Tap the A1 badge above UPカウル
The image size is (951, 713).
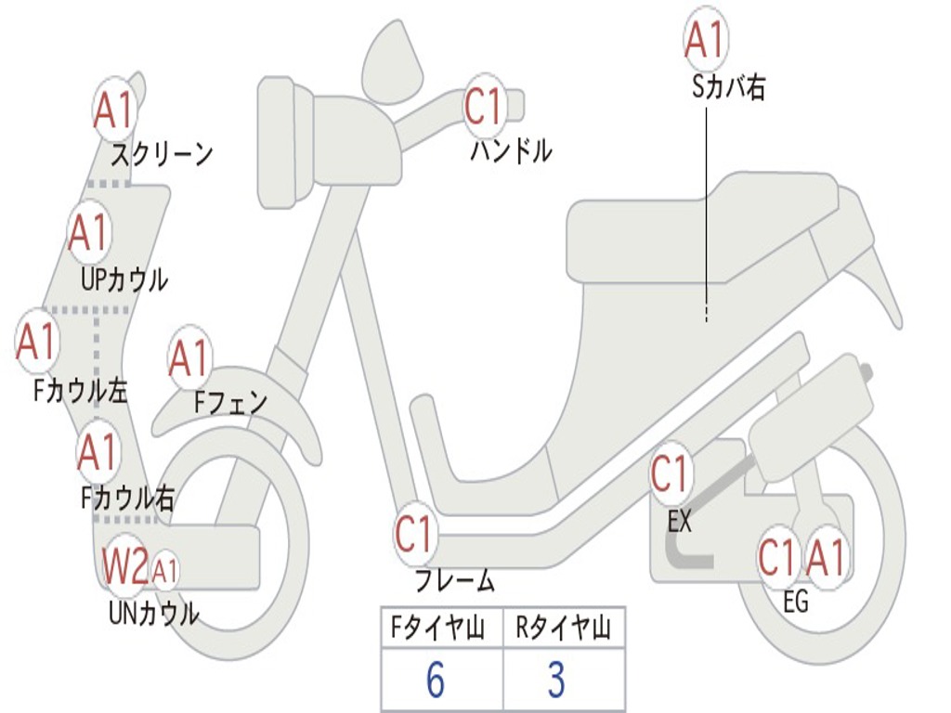89,233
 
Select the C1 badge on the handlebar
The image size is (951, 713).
483,106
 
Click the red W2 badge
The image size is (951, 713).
125,566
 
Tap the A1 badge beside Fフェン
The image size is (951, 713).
189,358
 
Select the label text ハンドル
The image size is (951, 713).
511,150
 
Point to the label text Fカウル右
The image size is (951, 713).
128,499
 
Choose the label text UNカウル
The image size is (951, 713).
154,614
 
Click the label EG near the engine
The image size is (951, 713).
796,602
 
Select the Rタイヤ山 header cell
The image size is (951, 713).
564,629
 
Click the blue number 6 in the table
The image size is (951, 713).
435,681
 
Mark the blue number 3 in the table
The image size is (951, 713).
556,681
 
